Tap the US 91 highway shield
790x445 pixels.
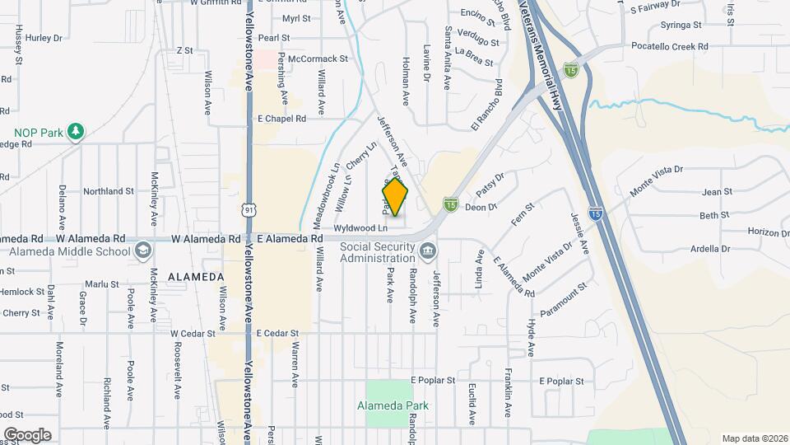click(x=249, y=210)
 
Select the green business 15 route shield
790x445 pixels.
click(x=450, y=203)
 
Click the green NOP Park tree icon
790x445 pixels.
click(x=76, y=132)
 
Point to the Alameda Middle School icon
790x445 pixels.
click(x=142, y=251)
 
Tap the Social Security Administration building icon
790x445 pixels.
click(x=426, y=251)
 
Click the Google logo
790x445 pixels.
click(x=27, y=434)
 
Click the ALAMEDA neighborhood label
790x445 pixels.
click(x=196, y=277)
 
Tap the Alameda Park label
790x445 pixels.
click(x=393, y=405)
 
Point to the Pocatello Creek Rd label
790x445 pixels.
click(x=668, y=47)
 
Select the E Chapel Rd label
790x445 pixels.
click(x=281, y=119)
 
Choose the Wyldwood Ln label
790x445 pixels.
click(x=360, y=227)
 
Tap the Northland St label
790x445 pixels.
click(x=108, y=191)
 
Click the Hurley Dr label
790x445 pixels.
click(x=44, y=38)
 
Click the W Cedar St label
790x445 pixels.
click(x=193, y=334)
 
